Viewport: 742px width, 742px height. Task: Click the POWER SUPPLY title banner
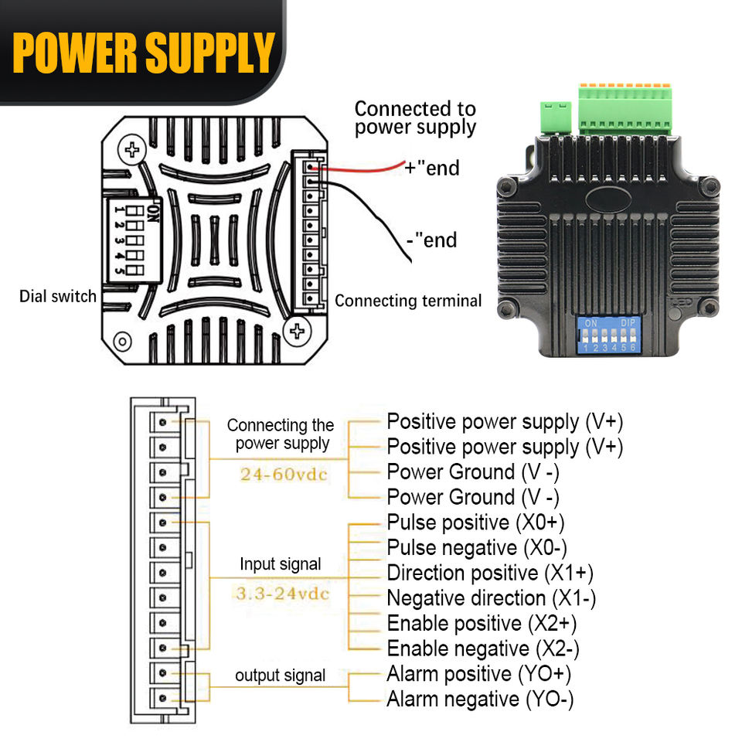[143, 53]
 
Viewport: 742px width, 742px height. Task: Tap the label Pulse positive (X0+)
[475, 522]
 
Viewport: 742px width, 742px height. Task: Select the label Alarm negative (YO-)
[480, 699]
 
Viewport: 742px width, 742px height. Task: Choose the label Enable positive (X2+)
[482, 623]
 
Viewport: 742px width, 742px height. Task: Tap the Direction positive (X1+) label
[490, 573]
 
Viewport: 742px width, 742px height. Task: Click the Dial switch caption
[58, 296]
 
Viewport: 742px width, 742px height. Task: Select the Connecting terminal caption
[408, 301]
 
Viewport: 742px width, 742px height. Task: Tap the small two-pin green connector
[556, 117]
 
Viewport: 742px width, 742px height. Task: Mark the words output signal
[280, 676]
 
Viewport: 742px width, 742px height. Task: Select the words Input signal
[280, 564]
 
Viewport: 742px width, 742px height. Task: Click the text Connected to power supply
[415, 118]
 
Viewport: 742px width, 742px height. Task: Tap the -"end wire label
[432, 240]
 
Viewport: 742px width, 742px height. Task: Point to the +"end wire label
[432, 168]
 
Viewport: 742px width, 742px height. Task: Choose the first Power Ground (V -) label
[473, 471]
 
